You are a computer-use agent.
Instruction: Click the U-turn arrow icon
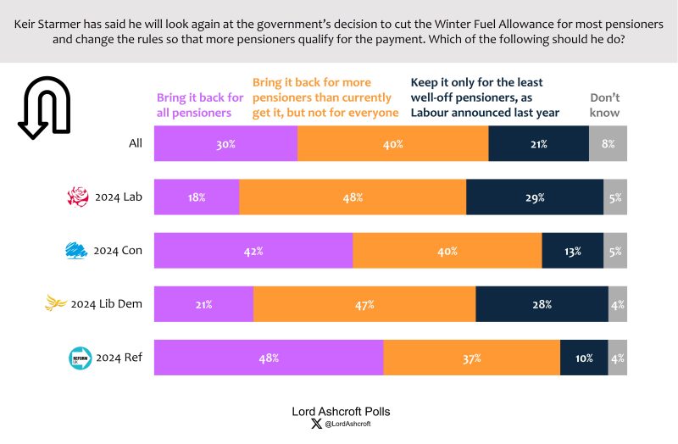tap(44, 107)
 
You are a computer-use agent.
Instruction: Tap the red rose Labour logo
tap(78, 197)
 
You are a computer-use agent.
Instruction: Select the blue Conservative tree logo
tap(78, 251)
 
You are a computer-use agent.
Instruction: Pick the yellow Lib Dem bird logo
tap(57, 303)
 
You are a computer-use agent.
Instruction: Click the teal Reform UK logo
tap(80, 358)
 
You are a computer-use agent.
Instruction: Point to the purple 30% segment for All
tap(225, 144)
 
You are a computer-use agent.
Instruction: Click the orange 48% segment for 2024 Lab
tap(353, 197)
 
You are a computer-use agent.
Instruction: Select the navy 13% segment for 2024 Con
tap(573, 251)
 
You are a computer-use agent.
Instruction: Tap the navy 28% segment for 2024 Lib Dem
tap(542, 304)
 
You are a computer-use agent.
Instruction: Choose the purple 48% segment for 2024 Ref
tap(269, 358)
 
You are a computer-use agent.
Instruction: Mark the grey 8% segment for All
tap(608, 144)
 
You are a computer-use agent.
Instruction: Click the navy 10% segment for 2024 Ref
tap(584, 358)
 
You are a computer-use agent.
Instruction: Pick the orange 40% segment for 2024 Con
tap(447, 251)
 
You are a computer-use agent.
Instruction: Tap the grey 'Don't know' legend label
tap(605, 105)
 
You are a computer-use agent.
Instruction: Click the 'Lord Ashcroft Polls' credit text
tap(341, 411)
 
